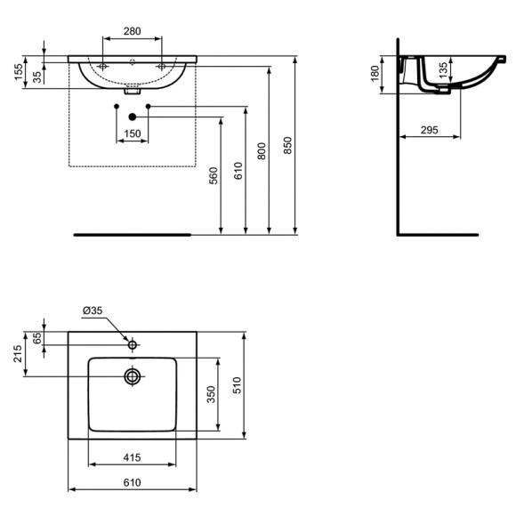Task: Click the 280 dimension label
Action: coord(133,32)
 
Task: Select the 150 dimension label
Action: coord(133,134)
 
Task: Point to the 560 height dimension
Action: coord(214,176)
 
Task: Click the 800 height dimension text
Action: coord(262,151)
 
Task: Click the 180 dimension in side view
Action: coord(375,72)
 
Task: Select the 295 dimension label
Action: coord(429,130)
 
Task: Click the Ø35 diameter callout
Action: coord(93,310)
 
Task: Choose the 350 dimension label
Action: coord(211,394)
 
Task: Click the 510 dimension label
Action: coord(236,386)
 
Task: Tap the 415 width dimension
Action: coord(132,457)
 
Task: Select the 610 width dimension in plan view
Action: coord(132,482)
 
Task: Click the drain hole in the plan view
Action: coord(133,376)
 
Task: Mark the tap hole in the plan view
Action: coord(133,344)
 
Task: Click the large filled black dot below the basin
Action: coord(133,116)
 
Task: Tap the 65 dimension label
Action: coord(37,338)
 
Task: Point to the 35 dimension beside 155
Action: coord(37,77)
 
